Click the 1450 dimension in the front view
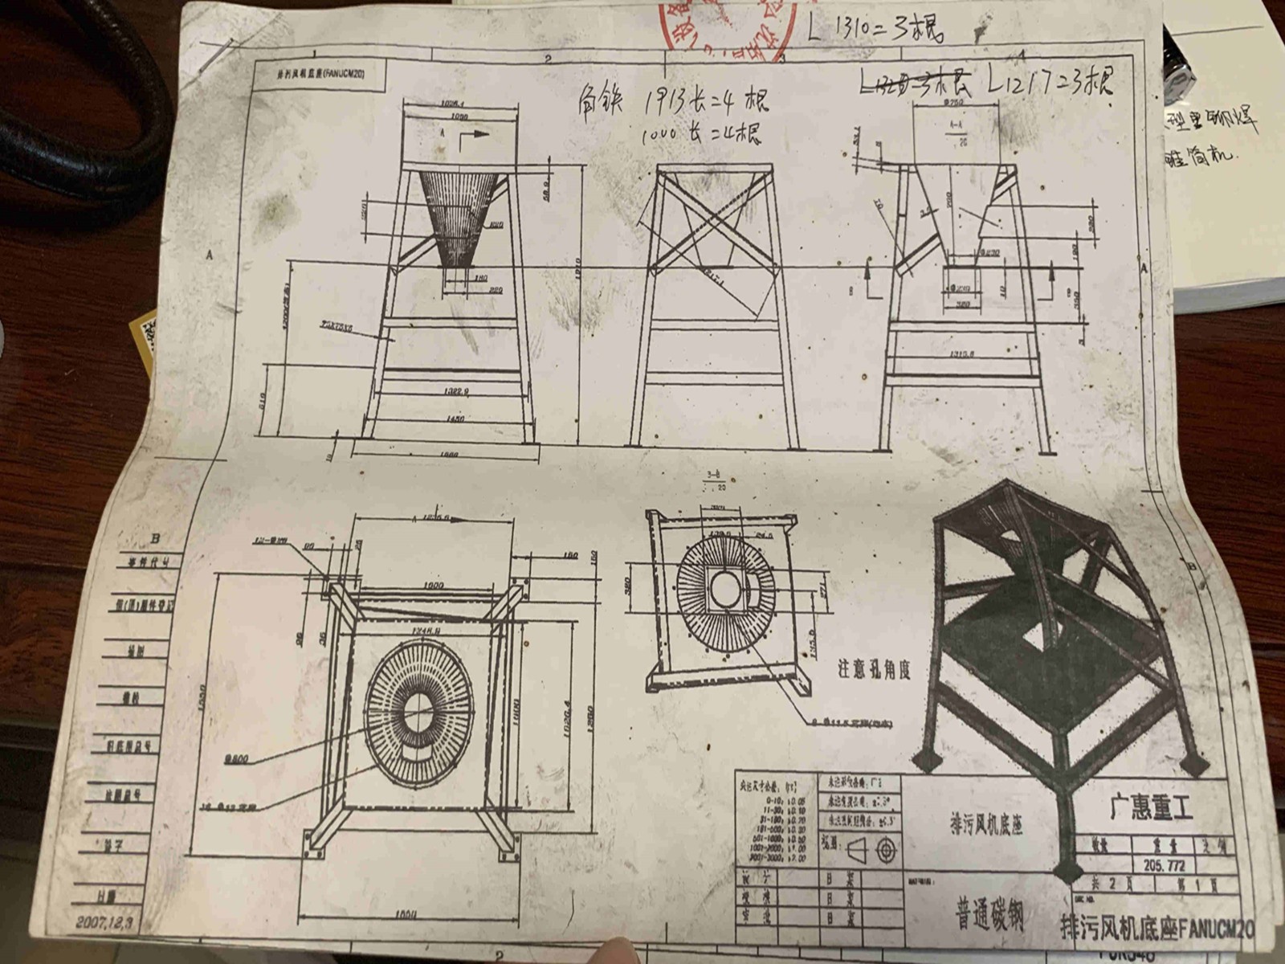[x=455, y=419]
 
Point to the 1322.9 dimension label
[x=455, y=390]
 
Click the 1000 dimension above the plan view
[x=434, y=586]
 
